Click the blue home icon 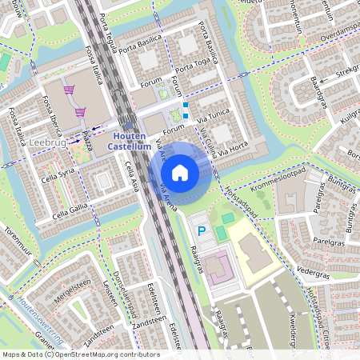click(180, 172)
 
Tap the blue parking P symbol click(202, 231)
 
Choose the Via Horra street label click(234, 148)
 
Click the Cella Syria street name click(58, 176)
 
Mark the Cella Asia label click(133, 174)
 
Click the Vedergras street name click(313, 272)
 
